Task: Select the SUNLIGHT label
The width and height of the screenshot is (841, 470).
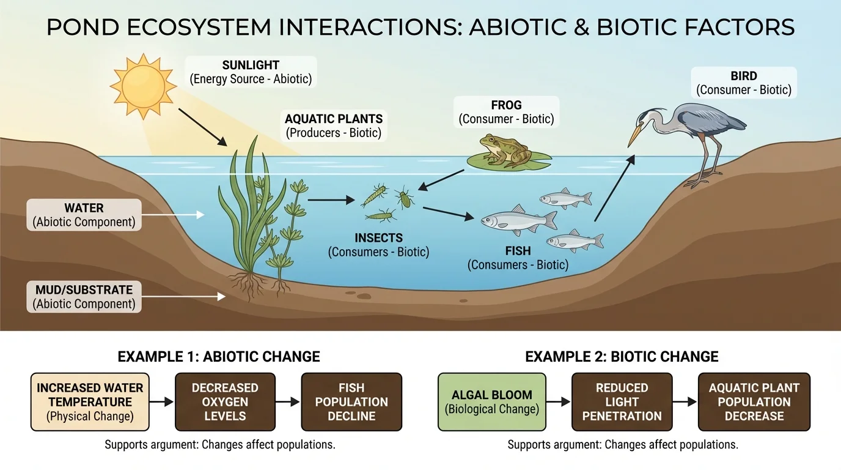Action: click(x=251, y=72)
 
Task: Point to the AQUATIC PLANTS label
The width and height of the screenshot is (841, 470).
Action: click(x=334, y=125)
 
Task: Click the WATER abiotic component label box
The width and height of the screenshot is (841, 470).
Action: click(x=84, y=215)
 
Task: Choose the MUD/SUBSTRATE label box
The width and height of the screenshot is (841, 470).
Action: click(x=84, y=297)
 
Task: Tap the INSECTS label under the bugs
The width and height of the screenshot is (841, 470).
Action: click(x=378, y=244)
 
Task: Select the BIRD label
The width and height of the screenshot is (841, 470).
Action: click(x=744, y=83)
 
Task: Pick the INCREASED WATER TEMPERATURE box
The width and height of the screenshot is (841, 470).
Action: click(x=90, y=402)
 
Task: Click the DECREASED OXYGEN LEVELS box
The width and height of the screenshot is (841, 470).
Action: click(x=225, y=402)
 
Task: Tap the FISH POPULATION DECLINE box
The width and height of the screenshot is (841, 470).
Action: click(x=351, y=402)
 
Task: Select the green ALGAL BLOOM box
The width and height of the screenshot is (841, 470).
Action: click(x=491, y=402)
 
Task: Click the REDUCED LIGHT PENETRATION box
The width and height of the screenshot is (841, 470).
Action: click(x=622, y=402)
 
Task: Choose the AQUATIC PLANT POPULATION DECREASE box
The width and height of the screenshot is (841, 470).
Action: click(x=754, y=402)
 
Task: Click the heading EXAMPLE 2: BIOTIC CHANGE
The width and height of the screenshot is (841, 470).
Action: click(x=622, y=357)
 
